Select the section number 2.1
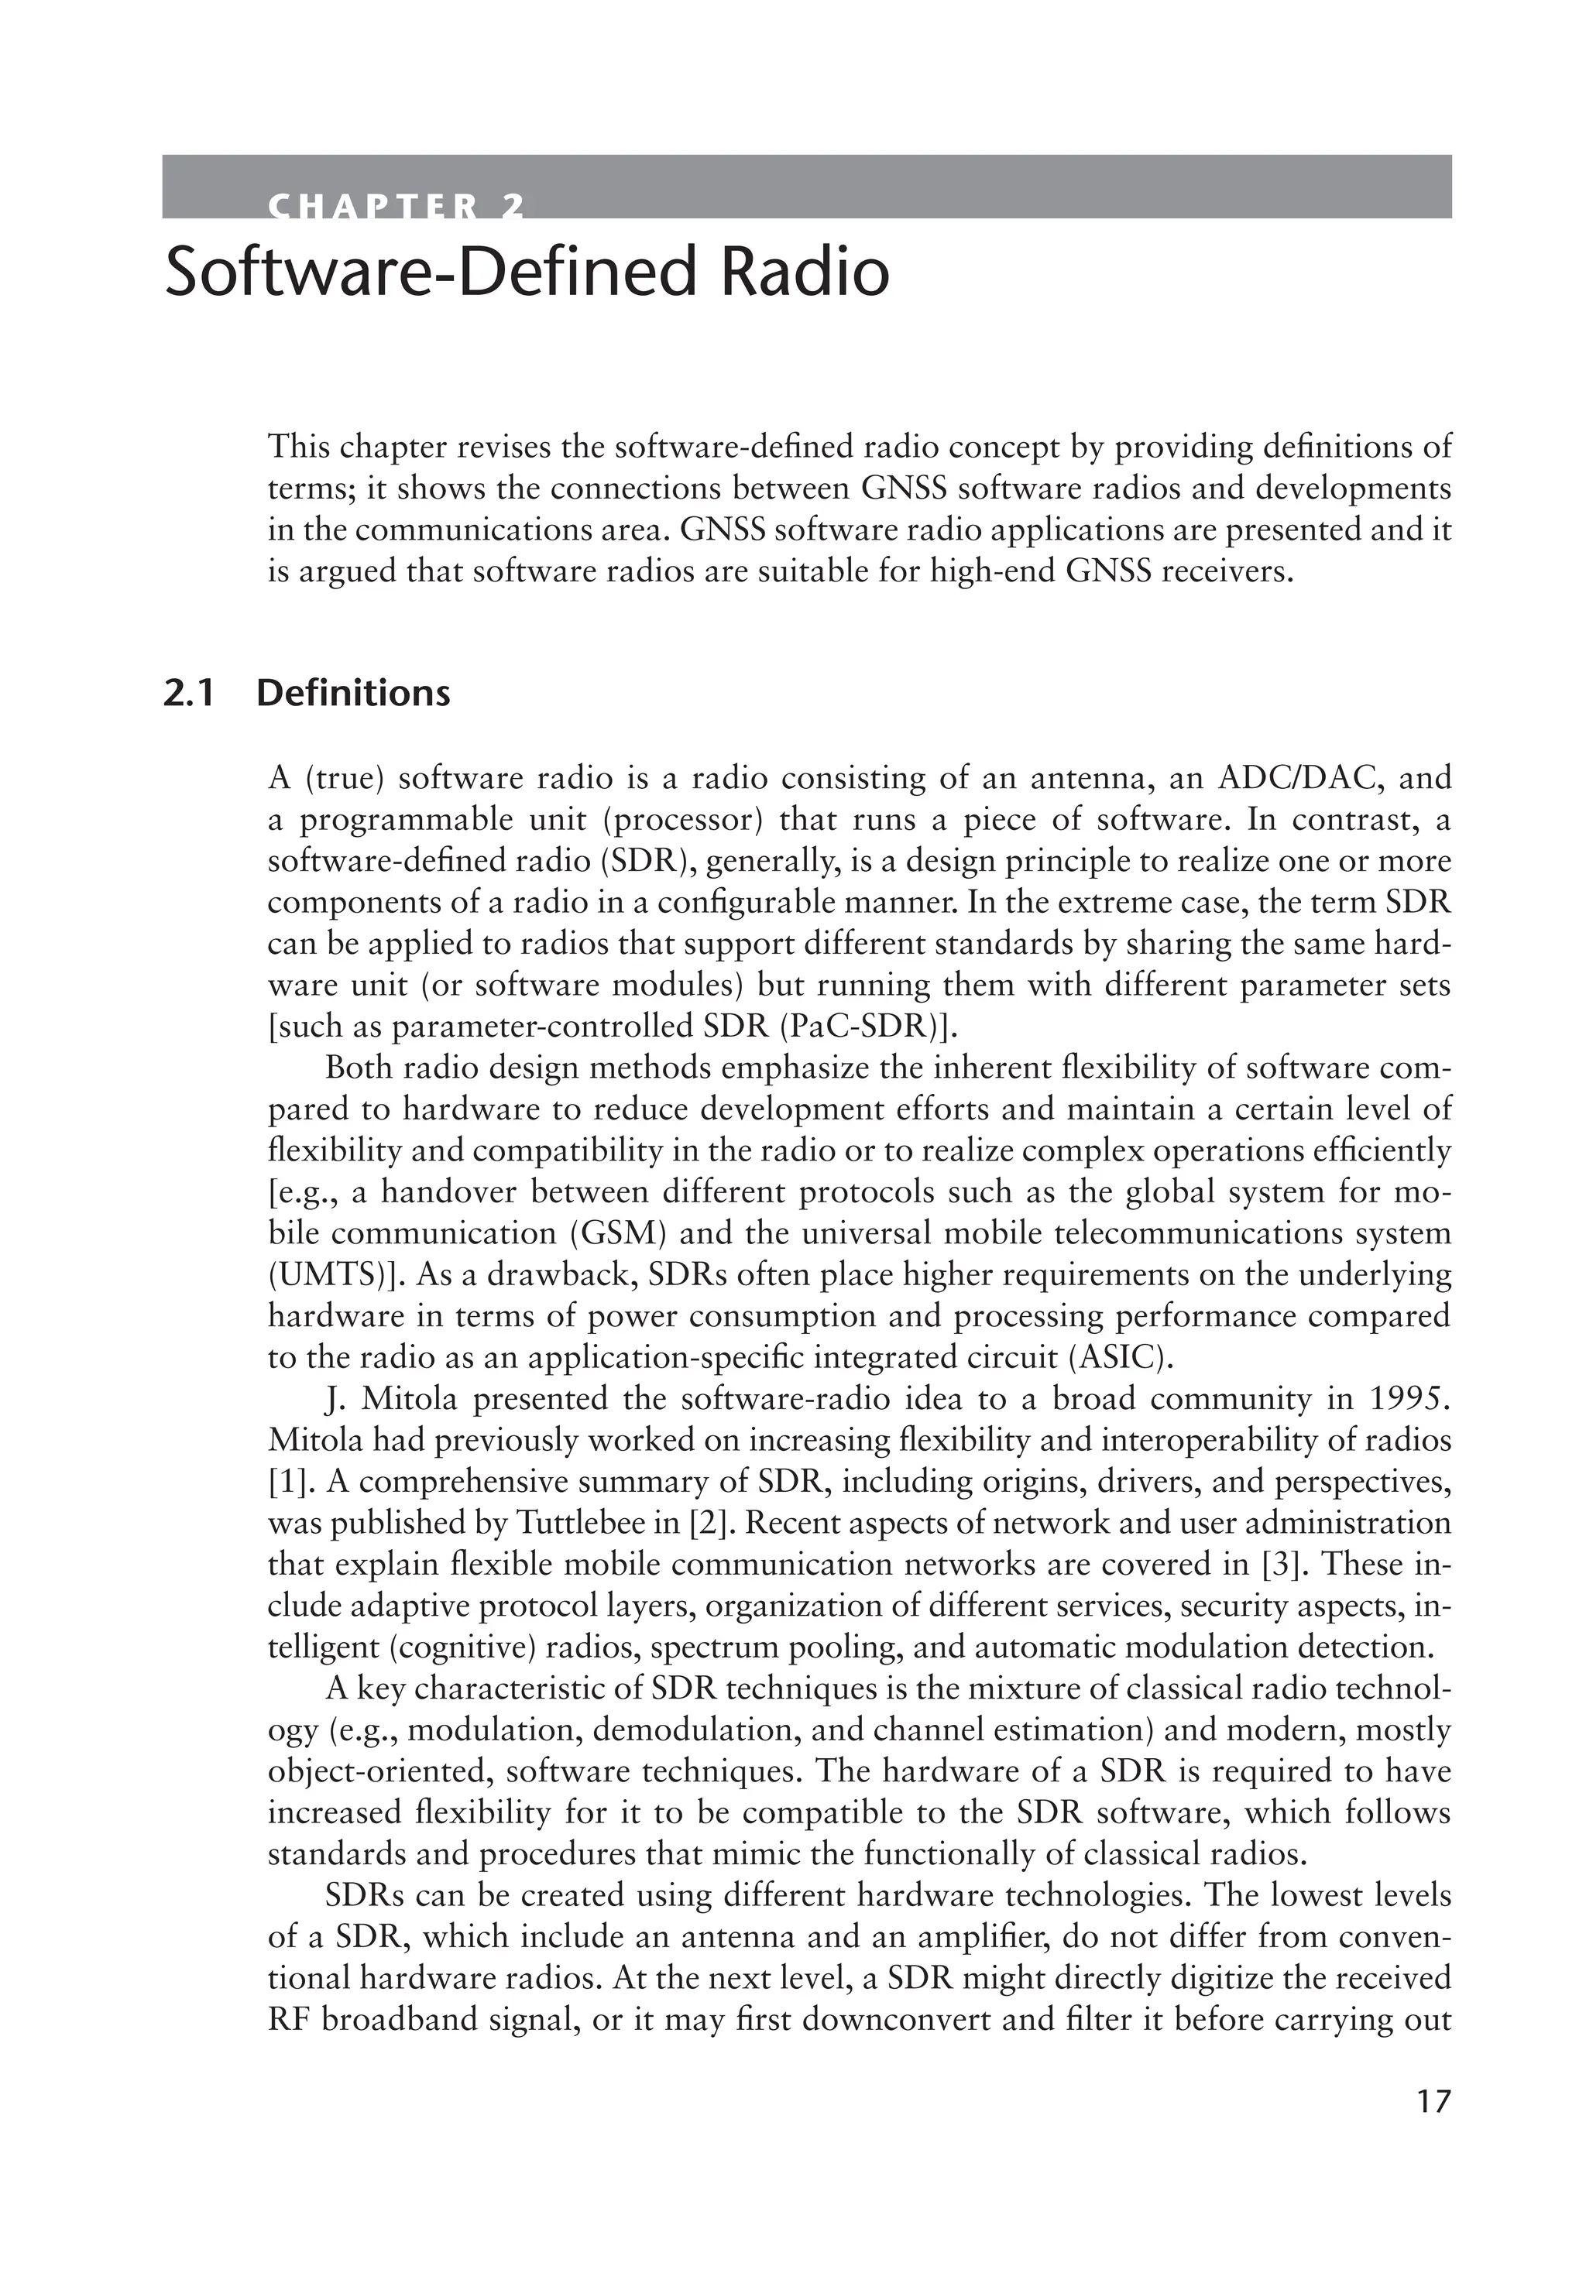coord(188,693)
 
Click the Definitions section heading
coord(352,693)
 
